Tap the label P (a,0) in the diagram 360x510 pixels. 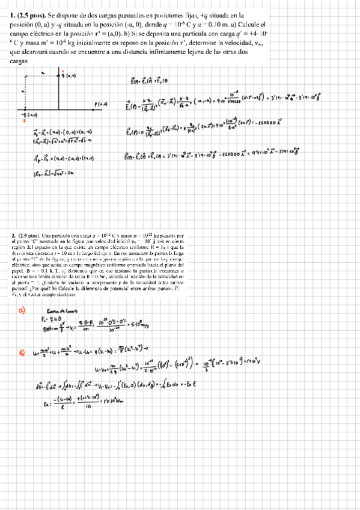[100, 105]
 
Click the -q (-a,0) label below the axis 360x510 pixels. [28, 114]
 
